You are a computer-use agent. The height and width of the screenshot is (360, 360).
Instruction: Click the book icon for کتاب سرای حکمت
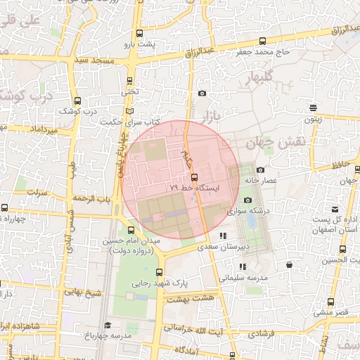click(129, 111)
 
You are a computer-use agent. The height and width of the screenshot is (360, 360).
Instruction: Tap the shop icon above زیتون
click(312, 108)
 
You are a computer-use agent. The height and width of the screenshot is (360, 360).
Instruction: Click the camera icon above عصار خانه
click(260, 169)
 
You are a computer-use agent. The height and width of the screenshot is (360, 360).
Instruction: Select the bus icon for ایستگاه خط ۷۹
click(195, 178)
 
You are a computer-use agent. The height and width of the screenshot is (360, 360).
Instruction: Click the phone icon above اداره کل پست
click(336, 209)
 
